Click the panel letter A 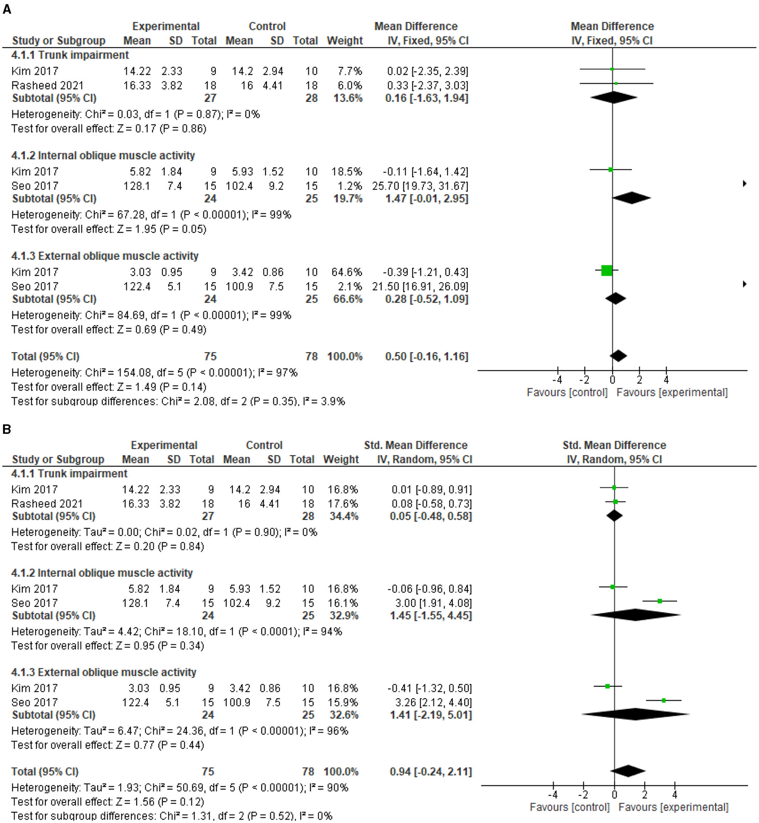click(x=7, y=9)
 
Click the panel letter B click(x=7, y=429)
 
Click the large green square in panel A click(x=607, y=270)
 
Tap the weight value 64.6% click(x=347, y=272)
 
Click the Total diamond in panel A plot click(x=618, y=356)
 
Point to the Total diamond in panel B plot click(x=628, y=771)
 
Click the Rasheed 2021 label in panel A click(x=47, y=85)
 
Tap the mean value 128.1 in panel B click(x=135, y=603)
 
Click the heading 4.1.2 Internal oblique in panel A click(x=103, y=155)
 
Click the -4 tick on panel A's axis click(x=557, y=379)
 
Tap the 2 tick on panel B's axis click(x=645, y=795)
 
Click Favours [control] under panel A click(x=567, y=393)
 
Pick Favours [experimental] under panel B click(x=673, y=808)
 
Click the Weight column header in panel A click(x=344, y=41)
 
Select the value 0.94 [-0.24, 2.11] click(x=430, y=772)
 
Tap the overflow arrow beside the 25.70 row click(x=745, y=183)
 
